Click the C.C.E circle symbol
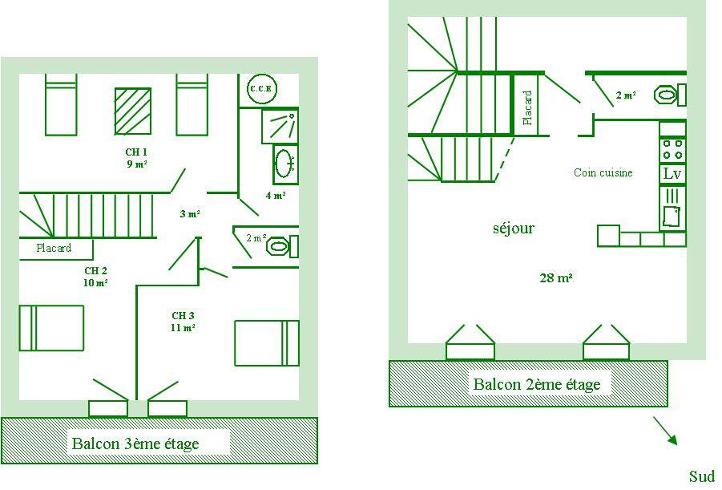(260, 88)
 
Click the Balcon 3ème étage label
(135, 443)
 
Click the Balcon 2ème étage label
(536, 384)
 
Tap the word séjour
(513, 229)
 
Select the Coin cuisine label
(603, 172)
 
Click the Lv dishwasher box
(672, 174)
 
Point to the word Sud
(701, 477)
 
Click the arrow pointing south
(666, 430)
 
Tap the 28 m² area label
(555, 278)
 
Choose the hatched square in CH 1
(131, 111)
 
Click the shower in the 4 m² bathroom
(280, 125)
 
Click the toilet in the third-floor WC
(278, 245)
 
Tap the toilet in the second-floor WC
(668, 95)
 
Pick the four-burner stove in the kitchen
(672, 149)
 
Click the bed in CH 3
(266, 343)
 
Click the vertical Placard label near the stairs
(527, 107)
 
